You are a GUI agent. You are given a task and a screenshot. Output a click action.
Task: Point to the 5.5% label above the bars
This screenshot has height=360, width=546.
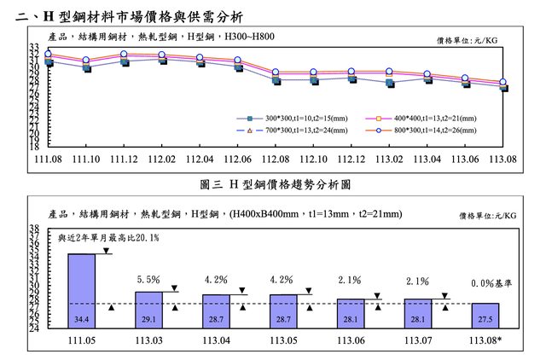tap(148, 279)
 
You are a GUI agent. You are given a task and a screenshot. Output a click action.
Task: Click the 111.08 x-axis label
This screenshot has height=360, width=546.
tap(49, 160)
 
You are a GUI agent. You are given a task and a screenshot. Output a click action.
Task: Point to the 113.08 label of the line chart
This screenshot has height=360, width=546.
tap(503, 160)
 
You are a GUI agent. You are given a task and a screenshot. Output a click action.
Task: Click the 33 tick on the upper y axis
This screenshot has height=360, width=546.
tap(34, 47)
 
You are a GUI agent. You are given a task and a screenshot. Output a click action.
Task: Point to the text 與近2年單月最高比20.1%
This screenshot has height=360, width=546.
tap(108, 238)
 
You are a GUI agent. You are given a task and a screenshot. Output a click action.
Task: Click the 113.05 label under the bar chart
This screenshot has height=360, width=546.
tap(283, 340)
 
